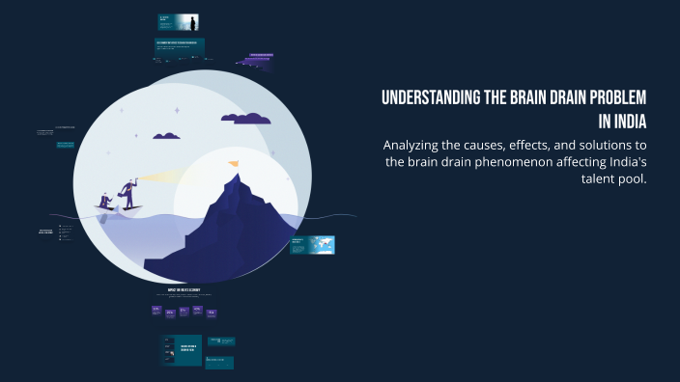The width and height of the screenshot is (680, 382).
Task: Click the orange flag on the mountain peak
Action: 232,164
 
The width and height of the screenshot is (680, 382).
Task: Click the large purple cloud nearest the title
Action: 245,119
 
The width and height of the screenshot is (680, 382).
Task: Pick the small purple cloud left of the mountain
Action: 166,136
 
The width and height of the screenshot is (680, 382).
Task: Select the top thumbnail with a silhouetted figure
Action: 179,22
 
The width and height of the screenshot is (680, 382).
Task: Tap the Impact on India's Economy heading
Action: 184,290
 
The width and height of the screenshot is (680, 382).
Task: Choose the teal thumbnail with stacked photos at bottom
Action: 181,349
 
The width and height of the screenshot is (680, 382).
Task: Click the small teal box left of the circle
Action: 65,145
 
